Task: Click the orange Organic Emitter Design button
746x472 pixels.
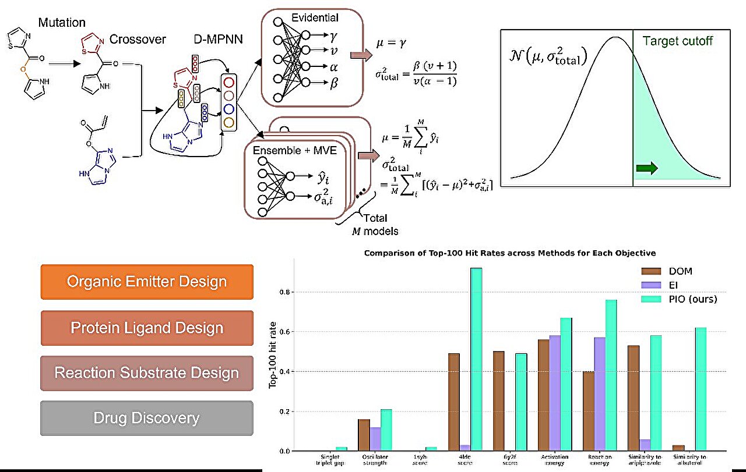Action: [x=147, y=282]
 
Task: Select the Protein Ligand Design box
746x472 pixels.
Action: [x=147, y=328]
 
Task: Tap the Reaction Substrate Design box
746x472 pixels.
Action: [x=147, y=373]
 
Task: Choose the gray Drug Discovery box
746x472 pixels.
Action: [x=147, y=418]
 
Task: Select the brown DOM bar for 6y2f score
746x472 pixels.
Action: [x=498, y=401]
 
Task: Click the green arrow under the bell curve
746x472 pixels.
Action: [x=646, y=169]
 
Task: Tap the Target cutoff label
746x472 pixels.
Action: [x=677, y=42]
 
